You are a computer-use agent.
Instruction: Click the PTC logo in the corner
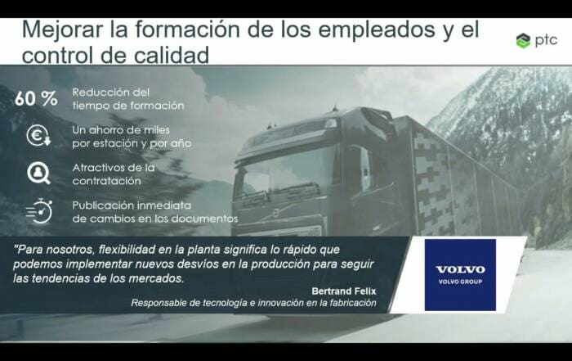pos(537,40)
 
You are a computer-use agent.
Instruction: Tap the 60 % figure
pos(36,98)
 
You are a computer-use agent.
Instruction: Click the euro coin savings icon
pos(38,136)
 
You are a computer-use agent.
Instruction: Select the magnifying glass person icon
pos(38,174)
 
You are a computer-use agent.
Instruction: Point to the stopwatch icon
pos(39,211)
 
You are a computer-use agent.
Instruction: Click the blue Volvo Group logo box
pos(460,275)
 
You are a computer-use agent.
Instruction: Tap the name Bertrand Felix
pos(344,291)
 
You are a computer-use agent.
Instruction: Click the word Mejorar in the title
pos(61,29)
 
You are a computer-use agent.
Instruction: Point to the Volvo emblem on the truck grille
pos(276,213)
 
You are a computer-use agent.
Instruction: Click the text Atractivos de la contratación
pos(114,174)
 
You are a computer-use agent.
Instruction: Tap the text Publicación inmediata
pos(132,205)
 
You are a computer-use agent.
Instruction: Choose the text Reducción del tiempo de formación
pos(128,99)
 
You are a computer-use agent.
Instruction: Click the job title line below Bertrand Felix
pos(253,303)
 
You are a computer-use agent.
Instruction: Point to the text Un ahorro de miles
pos(121,130)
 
